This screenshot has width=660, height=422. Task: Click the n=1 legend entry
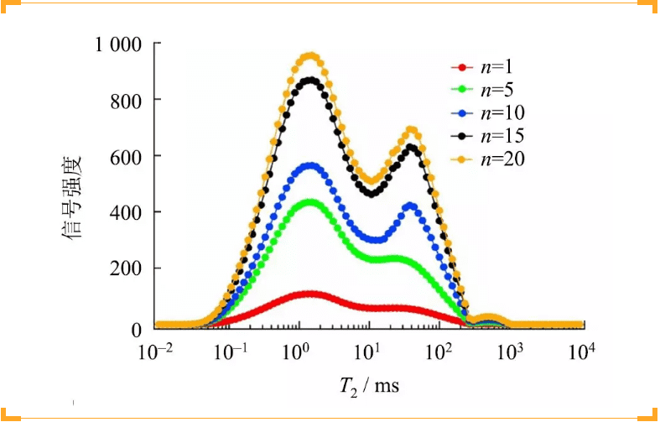[488, 68]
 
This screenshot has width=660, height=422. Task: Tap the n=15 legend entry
[491, 135]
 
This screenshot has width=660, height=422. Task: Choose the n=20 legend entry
[491, 158]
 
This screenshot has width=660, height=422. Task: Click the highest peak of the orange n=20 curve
[311, 56]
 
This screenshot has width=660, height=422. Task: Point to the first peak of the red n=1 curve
[311, 294]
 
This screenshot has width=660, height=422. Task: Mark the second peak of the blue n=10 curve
[411, 205]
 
